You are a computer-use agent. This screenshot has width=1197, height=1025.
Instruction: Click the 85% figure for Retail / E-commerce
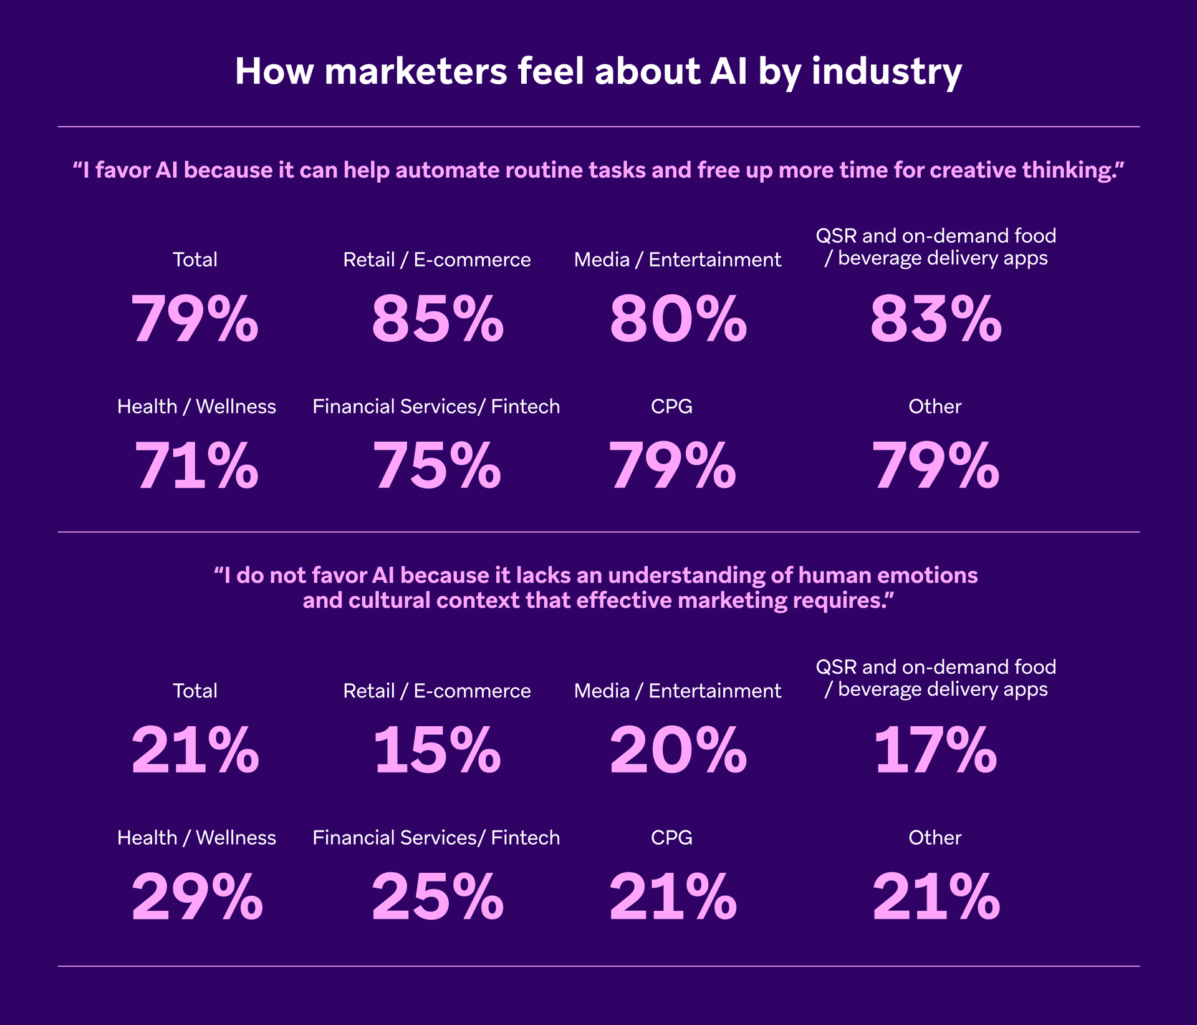[x=437, y=319]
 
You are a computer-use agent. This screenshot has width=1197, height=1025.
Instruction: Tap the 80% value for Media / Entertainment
[x=678, y=319]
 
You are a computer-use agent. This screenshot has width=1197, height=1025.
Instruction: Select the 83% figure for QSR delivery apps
[x=935, y=319]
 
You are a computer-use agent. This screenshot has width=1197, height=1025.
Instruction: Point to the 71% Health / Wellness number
[x=196, y=466]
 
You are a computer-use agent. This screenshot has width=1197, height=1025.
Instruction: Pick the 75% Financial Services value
[x=436, y=466]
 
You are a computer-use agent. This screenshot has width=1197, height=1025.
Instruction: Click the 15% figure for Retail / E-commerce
[x=436, y=751]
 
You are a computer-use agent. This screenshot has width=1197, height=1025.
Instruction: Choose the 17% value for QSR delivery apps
[x=935, y=751]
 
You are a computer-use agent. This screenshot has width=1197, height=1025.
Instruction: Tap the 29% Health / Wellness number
[x=196, y=897]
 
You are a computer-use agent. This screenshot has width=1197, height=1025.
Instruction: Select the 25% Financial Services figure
[x=437, y=897]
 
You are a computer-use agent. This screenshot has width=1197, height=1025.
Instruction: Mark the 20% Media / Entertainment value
[x=678, y=751]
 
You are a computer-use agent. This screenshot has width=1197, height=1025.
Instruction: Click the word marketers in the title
[x=416, y=72]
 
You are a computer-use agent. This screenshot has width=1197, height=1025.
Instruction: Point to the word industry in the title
[x=887, y=73]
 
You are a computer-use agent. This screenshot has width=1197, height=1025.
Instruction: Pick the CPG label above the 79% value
[x=671, y=406]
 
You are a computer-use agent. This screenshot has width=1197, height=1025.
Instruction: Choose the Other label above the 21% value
[x=935, y=837]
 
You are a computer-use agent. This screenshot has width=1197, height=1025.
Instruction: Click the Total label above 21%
[x=195, y=691]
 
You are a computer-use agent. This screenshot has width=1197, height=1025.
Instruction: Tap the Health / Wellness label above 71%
[x=196, y=406]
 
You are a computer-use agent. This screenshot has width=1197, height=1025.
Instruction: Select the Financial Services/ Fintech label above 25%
[x=436, y=837]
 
